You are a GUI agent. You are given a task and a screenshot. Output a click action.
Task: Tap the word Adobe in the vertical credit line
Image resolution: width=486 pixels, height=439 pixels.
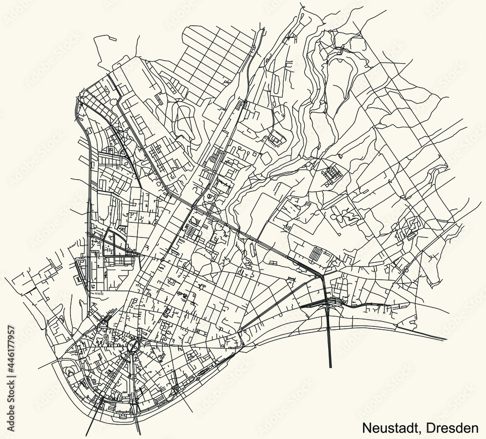coord(7,423)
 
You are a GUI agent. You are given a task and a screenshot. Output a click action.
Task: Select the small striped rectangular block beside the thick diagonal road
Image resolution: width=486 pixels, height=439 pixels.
coord(317,253)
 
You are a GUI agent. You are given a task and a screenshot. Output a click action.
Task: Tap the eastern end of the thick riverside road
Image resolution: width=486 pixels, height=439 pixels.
coord(446,339)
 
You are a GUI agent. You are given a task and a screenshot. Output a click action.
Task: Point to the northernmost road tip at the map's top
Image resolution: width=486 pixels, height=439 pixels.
coord(302,3)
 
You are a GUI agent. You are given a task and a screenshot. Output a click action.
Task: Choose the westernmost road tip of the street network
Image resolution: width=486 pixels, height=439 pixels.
coord(5,279)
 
